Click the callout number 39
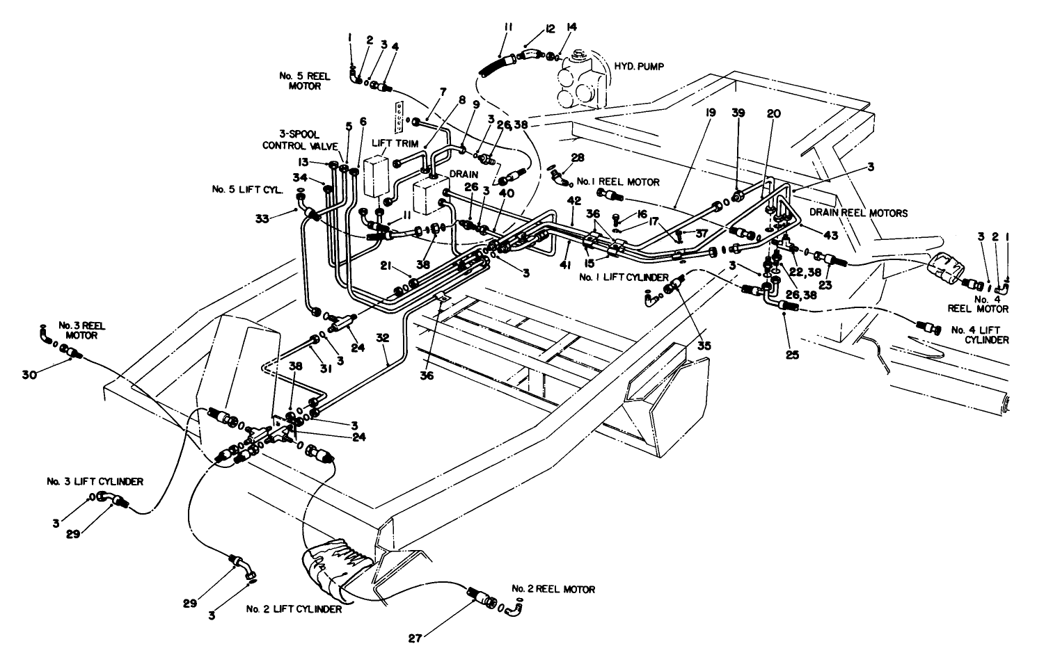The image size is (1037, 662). pos(738,113)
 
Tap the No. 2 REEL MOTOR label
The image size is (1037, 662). pos(553,589)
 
